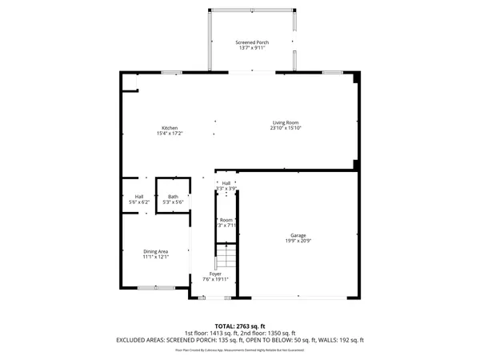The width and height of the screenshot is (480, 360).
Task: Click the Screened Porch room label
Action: click(x=251, y=42)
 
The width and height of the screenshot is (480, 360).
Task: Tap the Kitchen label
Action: click(x=170, y=128)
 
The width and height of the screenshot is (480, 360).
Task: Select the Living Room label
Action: click(x=286, y=122)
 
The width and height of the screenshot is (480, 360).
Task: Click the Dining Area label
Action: click(x=155, y=250)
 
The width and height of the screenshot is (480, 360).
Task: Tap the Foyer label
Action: click(x=216, y=274)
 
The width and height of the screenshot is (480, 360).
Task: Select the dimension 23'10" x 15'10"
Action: click(x=286, y=128)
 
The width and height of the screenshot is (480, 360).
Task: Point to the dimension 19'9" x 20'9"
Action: click(x=297, y=241)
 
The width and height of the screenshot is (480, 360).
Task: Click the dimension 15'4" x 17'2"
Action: click(x=170, y=134)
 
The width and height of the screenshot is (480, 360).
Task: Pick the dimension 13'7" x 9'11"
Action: click(x=251, y=48)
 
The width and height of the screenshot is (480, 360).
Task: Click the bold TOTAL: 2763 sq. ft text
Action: click(x=240, y=326)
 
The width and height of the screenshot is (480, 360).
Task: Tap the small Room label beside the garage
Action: click(x=226, y=220)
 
